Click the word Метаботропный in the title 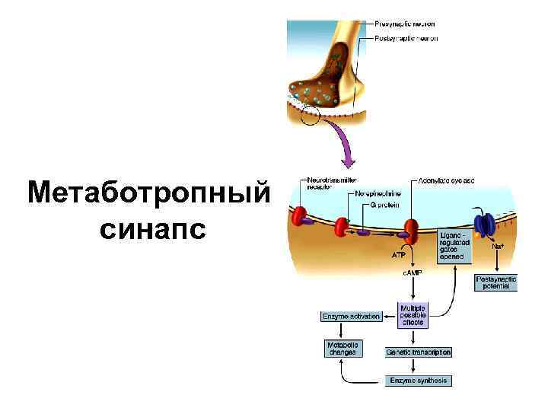[148, 194]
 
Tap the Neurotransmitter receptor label [330, 183]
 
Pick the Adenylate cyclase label [447, 181]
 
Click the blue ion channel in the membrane [484, 225]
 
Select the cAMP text [411, 272]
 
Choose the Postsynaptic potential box [495, 283]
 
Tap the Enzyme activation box [351, 316]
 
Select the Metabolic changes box [342, 349]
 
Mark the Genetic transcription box [419, 352]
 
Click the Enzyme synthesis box [419, 380]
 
